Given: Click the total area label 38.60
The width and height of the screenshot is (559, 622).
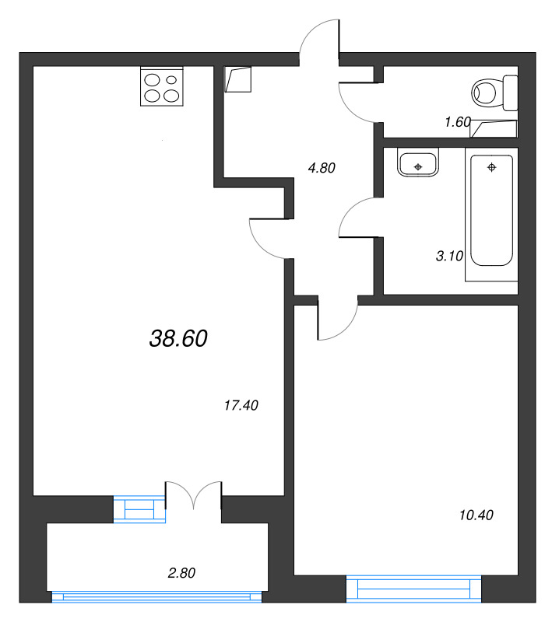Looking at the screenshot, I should click(x=178, y=337).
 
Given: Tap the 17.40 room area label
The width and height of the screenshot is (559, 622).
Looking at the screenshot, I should click(x=241, y=405).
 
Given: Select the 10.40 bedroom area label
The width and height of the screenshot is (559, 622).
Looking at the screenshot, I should click(x=476, y=515).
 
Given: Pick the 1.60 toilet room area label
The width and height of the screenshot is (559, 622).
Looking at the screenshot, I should click(x=458, y=121).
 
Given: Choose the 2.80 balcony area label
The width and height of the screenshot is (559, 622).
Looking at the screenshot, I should click(x=181, y=574).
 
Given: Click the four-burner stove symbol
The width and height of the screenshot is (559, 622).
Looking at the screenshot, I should click(x=162, y=86).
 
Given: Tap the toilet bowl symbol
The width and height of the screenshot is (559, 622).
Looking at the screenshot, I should click(x=492, y=93).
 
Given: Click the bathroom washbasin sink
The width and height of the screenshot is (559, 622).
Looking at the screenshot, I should click(x=418, y=165).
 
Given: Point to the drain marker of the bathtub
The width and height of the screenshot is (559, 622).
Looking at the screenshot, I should click(x=491, y=167).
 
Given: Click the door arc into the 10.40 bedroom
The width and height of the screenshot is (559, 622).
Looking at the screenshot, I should click(x=336, y=320).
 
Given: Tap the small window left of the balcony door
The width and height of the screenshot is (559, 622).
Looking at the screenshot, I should click(x=139, y=508).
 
